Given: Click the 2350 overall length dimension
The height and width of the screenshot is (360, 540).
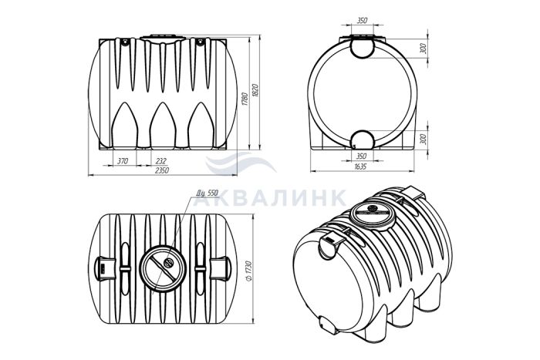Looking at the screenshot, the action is [x=162, y=170].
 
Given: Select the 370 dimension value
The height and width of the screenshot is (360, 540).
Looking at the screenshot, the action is [x=123, y=161].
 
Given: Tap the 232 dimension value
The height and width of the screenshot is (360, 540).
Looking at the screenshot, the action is [x=160, y=161].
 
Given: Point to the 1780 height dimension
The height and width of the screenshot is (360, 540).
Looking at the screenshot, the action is [x=245, y=99].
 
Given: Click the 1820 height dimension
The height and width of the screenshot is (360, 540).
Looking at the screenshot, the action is [x=255, y=90].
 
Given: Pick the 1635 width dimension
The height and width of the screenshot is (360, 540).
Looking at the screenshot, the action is [x=360, y=167].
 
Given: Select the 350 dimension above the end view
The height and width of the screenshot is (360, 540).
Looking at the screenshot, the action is [x=362, y=21].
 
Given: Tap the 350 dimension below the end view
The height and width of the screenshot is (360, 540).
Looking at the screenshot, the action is [x=362, y=156].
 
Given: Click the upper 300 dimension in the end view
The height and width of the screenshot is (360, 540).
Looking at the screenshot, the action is [x=424, y=49].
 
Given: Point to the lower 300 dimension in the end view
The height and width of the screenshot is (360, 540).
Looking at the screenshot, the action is [x=424, y=139].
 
